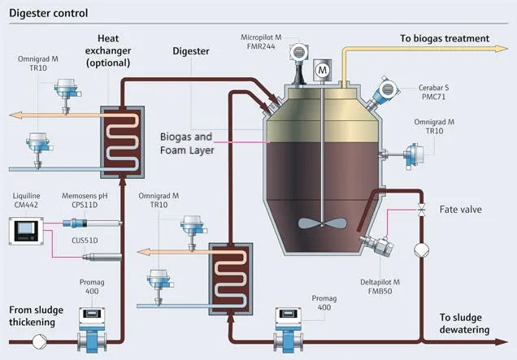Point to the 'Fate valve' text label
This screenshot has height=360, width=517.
(x=462, y=209)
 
